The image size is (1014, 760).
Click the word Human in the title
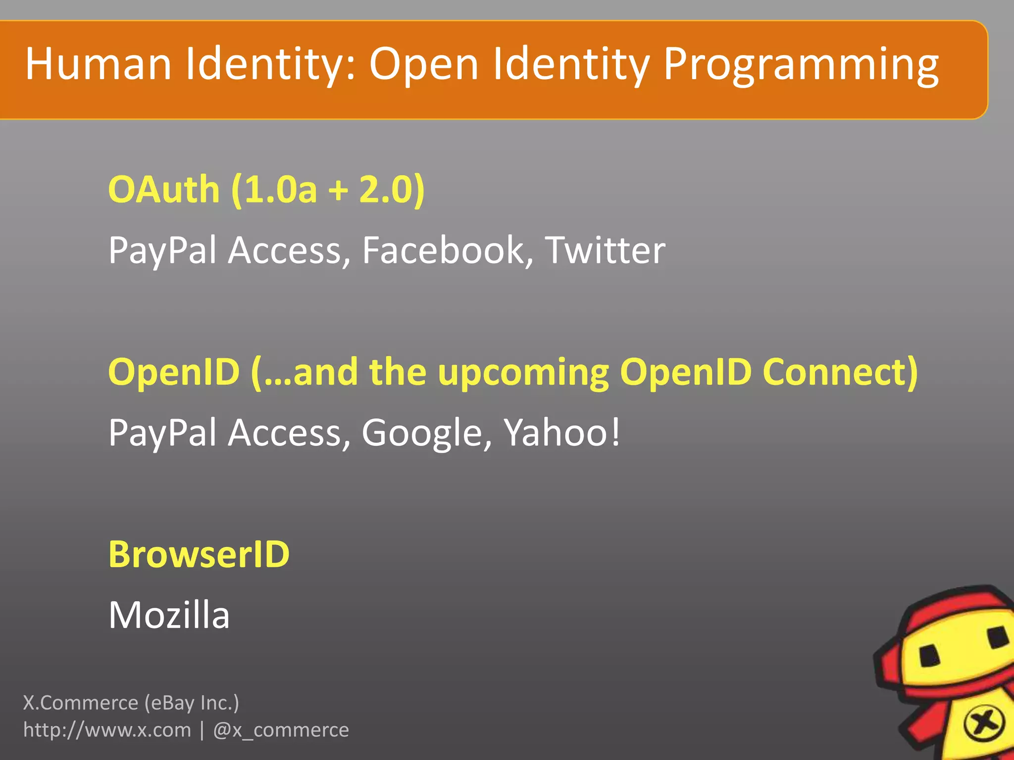pyautogui.click(x=98, y=64)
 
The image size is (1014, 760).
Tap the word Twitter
pyautogui.click(x=605, y=250)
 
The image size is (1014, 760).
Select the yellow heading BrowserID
pyautogui.click(x=199, y=554)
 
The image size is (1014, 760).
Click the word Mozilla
pyautogui.click(x=169, y=615)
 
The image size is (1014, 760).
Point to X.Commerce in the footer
pyautogui.click(x=81, y=703)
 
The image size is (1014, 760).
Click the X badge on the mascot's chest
pyautogui.click(x=983, y=724)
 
